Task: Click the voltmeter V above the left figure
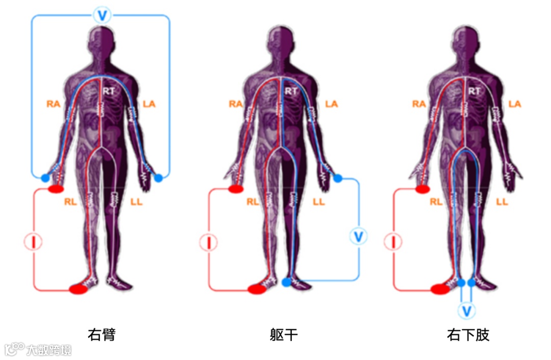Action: pyautogui.click(x=102, y=15)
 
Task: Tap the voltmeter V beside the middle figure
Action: pyautogui.click(x=359, y=236)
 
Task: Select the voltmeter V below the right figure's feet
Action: pyautogui.click(x=466, y=310)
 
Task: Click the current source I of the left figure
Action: pyautogui.click(x=33, y=242)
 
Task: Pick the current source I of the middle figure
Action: pyautogui.click(x=209, y=242)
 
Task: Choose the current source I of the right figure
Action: pyautogui.click(x=393, y=242)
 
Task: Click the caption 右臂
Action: pyautogui.click(x=102, y=335)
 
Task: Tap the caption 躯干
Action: pyautogui.click(x=284, y=335)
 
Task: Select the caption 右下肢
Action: pyautogui.click(x=468, y=335)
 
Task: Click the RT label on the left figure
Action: pyautogui.click(x=109, y=91)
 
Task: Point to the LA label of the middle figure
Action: pyautogui.click(x=332, y=104)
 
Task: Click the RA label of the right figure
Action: pyautogui.click(x=419, y=104)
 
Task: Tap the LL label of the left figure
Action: pyautogui.click(x=136, y=202)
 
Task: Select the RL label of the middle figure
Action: pyautogui.click(x=253, y=202)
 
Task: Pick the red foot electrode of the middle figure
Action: pyautogui.click(x=257, y=289)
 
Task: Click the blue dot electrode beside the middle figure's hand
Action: pyautogui.click(x=338, y=178)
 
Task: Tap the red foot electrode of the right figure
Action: pyautogui.click(x=440, y=289)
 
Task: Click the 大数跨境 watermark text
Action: pyautogui.click(x=49, y=350)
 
